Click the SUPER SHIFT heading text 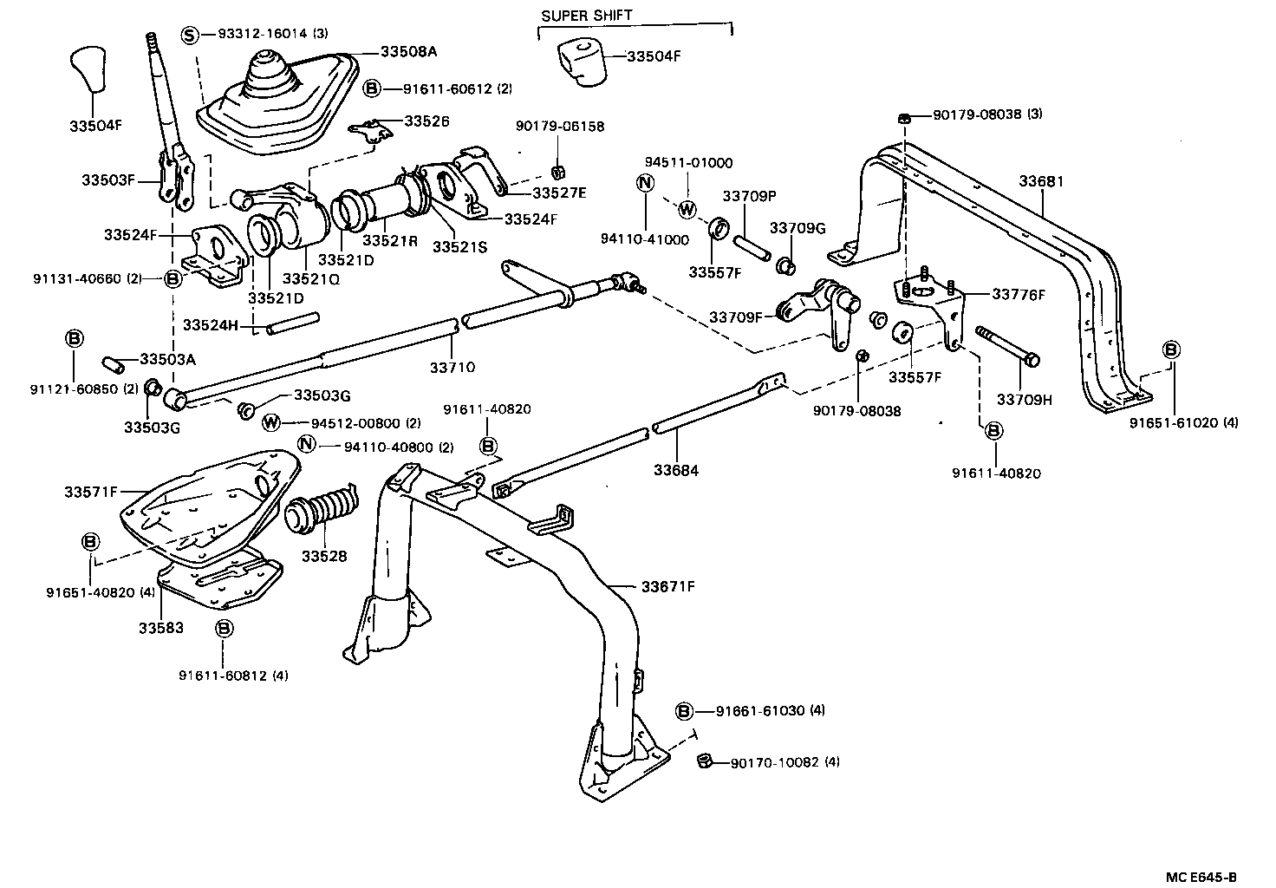[x=587, y=16]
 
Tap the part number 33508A [x=408, y=52]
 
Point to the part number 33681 [x=1040, y=182]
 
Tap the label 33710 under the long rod [x=452, y=368]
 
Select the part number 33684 [x=676, y=471]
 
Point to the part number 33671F [x=668, y=586]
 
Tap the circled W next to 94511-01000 [x=687, y=209]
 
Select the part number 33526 [x=426, y=121]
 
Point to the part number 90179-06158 [x=559, y=127]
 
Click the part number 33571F [x=90, y=492]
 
